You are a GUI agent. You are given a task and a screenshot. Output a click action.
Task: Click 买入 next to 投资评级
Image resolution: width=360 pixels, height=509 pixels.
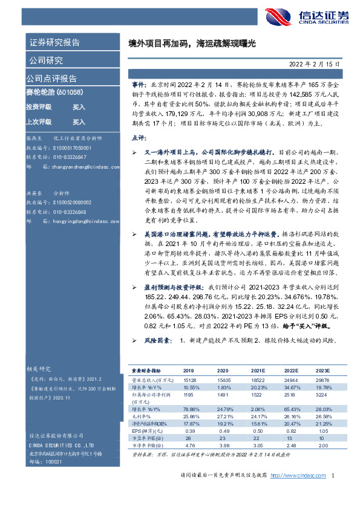[79, 106]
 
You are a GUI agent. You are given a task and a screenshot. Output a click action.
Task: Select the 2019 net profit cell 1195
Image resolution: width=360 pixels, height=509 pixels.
[188, 394]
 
